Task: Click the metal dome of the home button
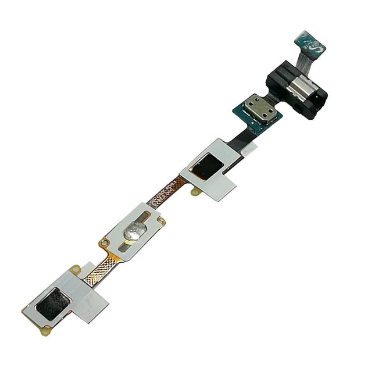[x=133, y=230]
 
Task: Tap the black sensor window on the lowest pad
[x=53, y=303]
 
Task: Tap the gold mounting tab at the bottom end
[x=45, y=330]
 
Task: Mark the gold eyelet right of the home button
[x=161, y=221]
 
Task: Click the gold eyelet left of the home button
[x=105, y=242]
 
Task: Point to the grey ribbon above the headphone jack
[x=303, y=58]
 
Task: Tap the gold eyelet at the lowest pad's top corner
[x=74, y=269]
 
